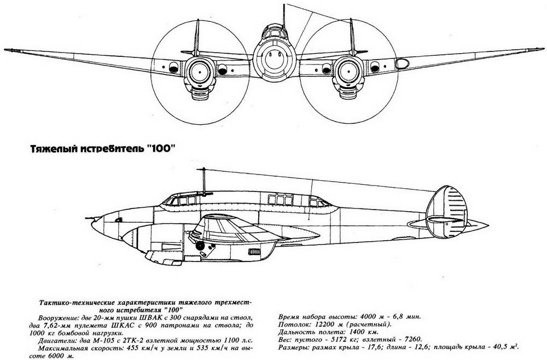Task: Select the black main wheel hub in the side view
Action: (200, 246)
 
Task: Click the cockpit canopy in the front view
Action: (275, 32)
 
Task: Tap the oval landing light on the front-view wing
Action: (402, 63)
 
